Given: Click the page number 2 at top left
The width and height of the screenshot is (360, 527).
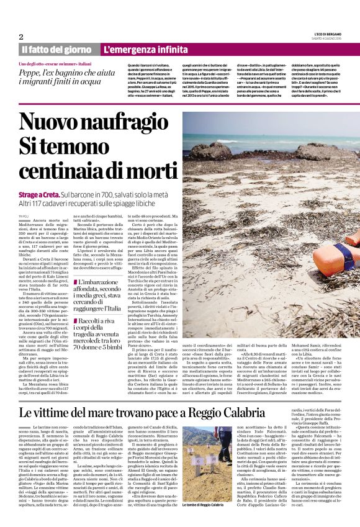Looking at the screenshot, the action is click(x=21, y=37).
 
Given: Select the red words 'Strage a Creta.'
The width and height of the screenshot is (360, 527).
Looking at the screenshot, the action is click(x=40, y=194).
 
